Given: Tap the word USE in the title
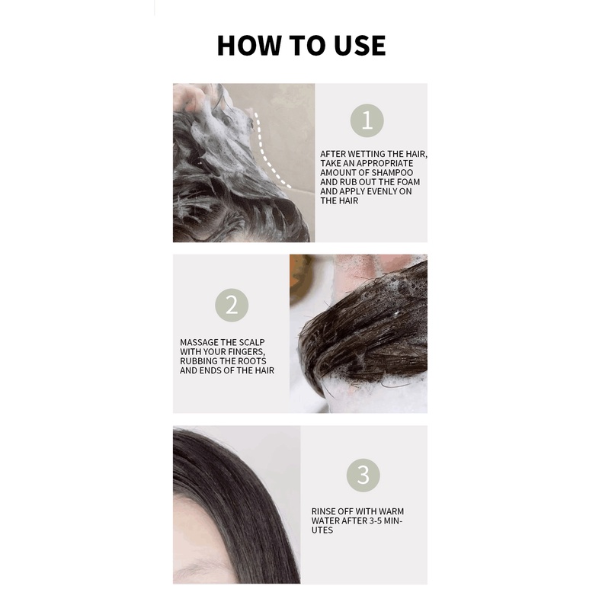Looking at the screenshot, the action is click(360, 46).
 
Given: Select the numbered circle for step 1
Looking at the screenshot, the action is click(367, 120).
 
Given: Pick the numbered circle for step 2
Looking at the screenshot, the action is click(232, 306).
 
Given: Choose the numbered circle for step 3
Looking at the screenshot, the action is click(363, 475).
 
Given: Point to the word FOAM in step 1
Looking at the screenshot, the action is click(408, 182).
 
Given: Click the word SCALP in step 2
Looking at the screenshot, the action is click(252, 342).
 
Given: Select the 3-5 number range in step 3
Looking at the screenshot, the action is click(373, 521).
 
